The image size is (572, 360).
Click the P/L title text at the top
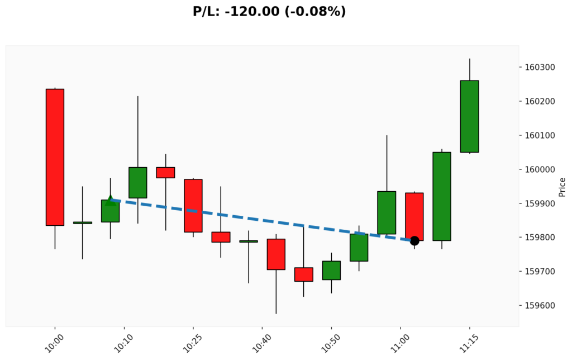coord(269,11)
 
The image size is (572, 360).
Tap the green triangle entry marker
coord(111,200)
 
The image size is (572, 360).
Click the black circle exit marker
coord(414,241)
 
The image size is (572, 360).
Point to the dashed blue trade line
coord(263,220)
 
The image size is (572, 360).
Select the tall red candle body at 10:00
coord(55,157)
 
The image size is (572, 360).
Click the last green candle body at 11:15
coord(469,116)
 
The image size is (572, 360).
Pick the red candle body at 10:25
coord(193,206)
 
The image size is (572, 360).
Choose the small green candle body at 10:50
coord(331,271)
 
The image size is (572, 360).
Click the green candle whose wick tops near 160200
coord(138,182)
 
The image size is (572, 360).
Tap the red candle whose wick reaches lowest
coord(276,254)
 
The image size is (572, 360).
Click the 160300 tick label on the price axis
coord(540,68)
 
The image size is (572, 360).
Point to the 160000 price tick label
coord(540,169)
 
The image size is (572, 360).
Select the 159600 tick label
coord(540,306)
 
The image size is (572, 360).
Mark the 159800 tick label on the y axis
coord(540,238)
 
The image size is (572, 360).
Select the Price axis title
coord(562,187)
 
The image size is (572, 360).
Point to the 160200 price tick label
coord(540,102)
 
